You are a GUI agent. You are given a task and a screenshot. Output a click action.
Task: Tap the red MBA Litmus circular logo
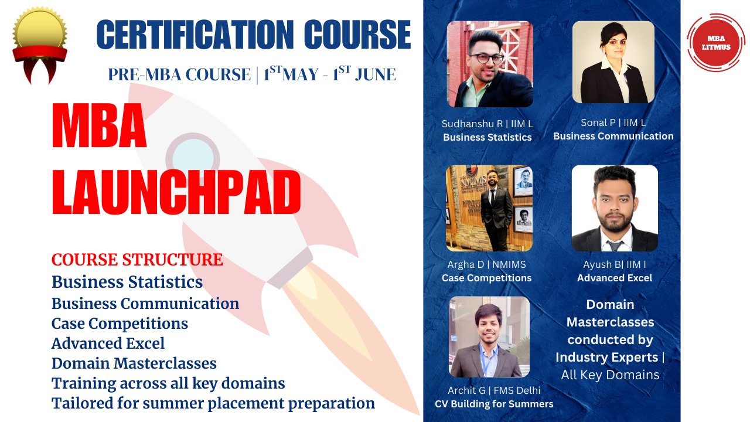(716, 43)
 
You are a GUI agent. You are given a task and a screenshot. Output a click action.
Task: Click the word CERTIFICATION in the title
(195, 35)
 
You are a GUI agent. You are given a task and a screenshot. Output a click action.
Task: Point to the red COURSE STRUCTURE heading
(137, 260)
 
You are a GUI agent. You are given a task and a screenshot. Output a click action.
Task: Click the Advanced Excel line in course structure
(108, 343)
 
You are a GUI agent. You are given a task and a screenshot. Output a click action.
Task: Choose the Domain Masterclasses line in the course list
(134, 363)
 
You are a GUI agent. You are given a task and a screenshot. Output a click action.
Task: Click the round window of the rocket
(193, 159)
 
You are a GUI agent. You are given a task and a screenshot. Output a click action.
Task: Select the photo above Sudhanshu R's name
(490, 64)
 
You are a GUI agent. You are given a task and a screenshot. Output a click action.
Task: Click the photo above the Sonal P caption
(613, 62)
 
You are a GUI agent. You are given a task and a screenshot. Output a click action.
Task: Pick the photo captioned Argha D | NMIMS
(489, 208)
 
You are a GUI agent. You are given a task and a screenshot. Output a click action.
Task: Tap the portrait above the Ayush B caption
(615, 208)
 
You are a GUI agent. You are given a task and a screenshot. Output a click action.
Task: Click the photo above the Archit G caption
(489, 336)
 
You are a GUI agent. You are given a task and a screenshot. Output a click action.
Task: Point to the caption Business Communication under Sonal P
(613, 137)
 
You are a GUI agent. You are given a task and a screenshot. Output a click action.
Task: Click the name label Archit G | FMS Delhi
(494, 390)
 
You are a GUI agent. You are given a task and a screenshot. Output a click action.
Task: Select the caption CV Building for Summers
(494, 404)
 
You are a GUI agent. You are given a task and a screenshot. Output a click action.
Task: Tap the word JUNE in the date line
(376, 74)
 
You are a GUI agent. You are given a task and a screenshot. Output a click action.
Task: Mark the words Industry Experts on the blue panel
(606, 358)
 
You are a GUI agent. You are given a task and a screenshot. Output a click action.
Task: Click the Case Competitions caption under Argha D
(486, 278)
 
